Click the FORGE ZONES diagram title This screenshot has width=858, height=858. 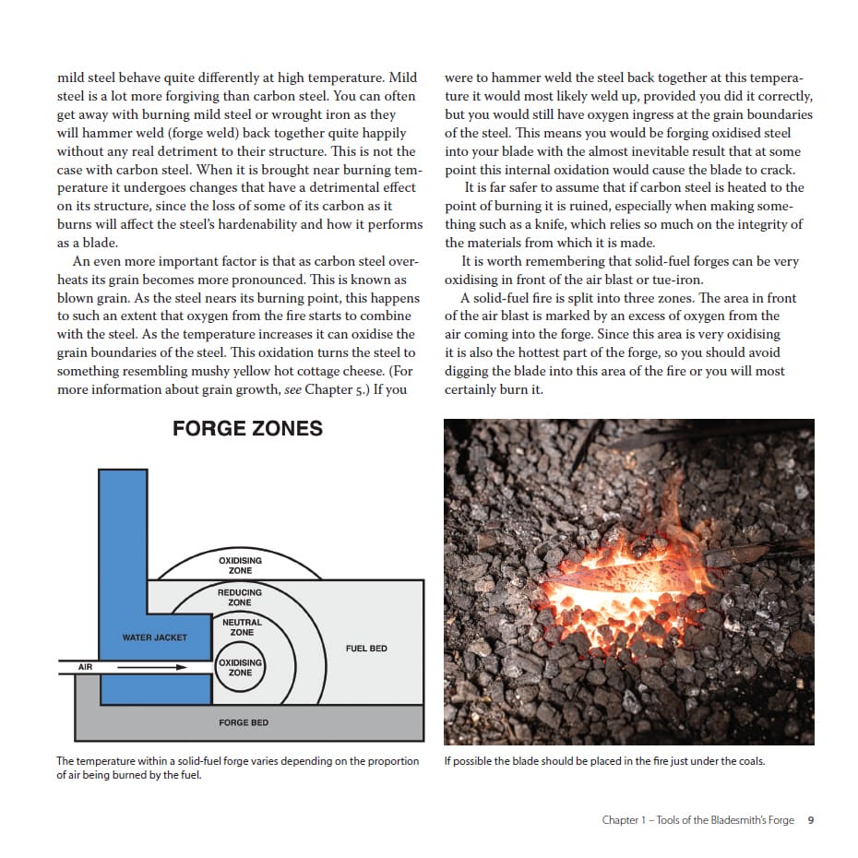247,428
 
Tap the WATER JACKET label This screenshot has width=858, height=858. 155,638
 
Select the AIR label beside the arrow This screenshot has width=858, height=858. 86,666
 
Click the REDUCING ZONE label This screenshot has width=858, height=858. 240,597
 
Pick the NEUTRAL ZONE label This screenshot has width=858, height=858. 242,627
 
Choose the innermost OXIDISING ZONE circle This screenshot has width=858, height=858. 240,667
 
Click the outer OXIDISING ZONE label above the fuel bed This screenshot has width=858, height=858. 240,565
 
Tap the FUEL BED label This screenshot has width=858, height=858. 366,649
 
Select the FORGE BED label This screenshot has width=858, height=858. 244,722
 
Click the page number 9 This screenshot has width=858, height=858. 810,819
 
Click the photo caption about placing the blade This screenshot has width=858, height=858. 604,761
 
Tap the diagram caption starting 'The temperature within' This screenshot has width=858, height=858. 237,768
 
